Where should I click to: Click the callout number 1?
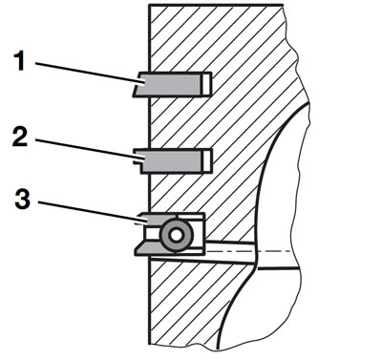pos(20,61)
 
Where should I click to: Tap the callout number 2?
pos(20,137)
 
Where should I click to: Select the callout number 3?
pos(22,200)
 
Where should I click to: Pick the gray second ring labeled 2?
pos(170,160)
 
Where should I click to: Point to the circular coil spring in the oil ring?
pos(176,236)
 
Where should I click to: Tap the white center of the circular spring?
pos(176,236)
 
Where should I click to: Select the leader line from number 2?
pos(87,148)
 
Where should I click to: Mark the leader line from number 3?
pos(91,211)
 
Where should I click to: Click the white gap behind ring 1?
pos(206,84)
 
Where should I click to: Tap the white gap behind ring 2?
pos(206,160)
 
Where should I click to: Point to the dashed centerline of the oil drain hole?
pos(248,251)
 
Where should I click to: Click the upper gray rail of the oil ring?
pos(156,219)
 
